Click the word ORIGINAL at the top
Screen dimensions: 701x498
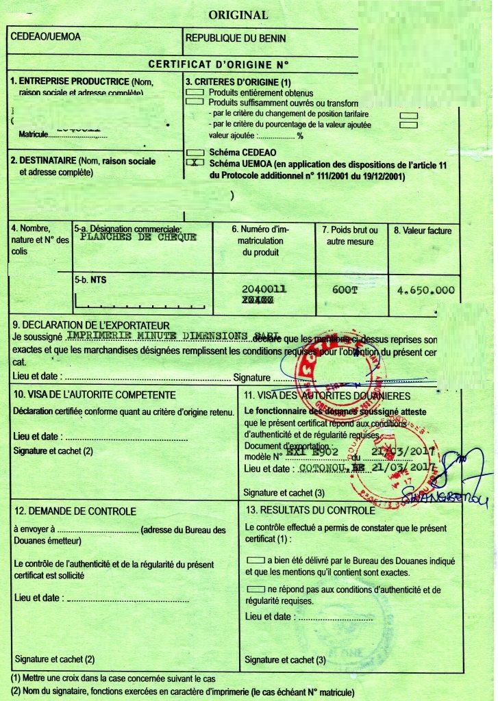point(238,14)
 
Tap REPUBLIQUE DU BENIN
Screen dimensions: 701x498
point(236,39)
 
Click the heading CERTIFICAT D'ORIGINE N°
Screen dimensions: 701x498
point(219,64)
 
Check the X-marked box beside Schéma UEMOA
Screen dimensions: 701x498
point(195,164)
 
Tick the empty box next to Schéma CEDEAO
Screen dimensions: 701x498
point(195,152)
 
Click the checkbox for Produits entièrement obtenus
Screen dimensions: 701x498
point(195,92)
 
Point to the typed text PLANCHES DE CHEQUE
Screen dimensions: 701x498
point(138,238)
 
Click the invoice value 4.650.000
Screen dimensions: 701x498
point(425,290)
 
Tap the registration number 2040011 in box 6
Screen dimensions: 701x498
point(264,290)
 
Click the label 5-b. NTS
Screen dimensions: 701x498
point(90,279)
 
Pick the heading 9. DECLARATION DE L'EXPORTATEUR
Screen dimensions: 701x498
point(91,325)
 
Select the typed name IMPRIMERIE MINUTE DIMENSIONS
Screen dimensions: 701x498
point(159,336)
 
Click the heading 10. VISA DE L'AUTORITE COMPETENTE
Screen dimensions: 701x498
point(95,395)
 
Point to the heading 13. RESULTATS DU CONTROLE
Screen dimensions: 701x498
point(310,511)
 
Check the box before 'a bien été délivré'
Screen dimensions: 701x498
point(256,560)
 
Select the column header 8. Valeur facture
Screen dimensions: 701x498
point(423,231)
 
